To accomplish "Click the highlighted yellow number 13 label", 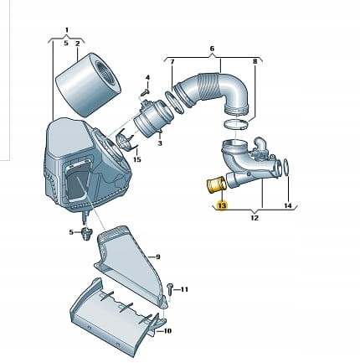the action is (x=223, y=205).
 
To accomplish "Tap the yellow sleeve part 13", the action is (x=215, y=185).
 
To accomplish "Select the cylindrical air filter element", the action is (x=89, y=85).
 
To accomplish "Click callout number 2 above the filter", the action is (x=78, y=44).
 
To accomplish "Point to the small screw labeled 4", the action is (x=146, y=92).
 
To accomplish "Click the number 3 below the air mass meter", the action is (x=160, y=143).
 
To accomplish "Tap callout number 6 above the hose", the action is (x=212, y=49).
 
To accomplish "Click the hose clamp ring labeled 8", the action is (x=236, y=124).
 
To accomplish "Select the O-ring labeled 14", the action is (x=286, y=168).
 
